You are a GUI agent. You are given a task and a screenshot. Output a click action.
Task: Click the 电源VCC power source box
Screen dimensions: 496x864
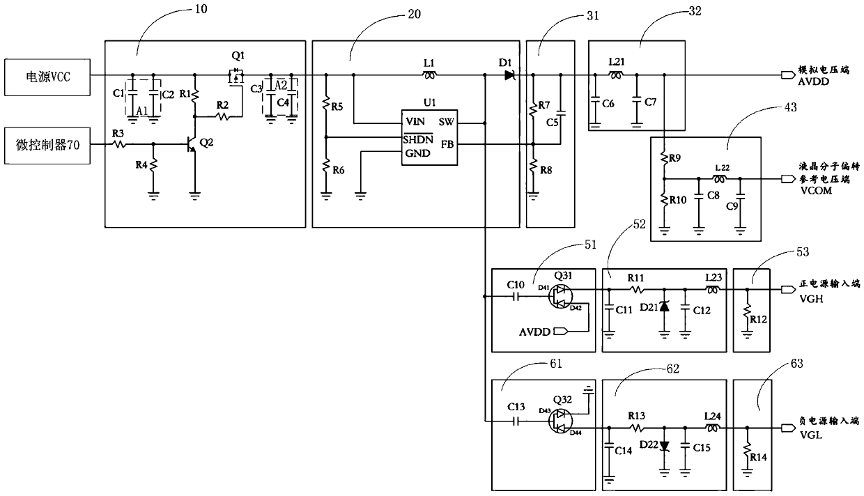coord(47,74)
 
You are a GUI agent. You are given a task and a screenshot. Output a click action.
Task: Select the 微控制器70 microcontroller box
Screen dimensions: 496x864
coord(47,144)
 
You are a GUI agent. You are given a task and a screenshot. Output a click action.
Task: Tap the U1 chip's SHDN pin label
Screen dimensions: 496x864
coord(418,138)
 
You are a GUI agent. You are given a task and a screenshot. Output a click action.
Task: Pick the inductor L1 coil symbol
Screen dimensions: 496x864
coord(430,74)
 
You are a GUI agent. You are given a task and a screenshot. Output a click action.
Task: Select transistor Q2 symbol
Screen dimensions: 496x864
coord(192,144)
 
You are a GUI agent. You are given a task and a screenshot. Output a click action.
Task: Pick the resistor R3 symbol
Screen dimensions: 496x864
coord(119,144)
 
